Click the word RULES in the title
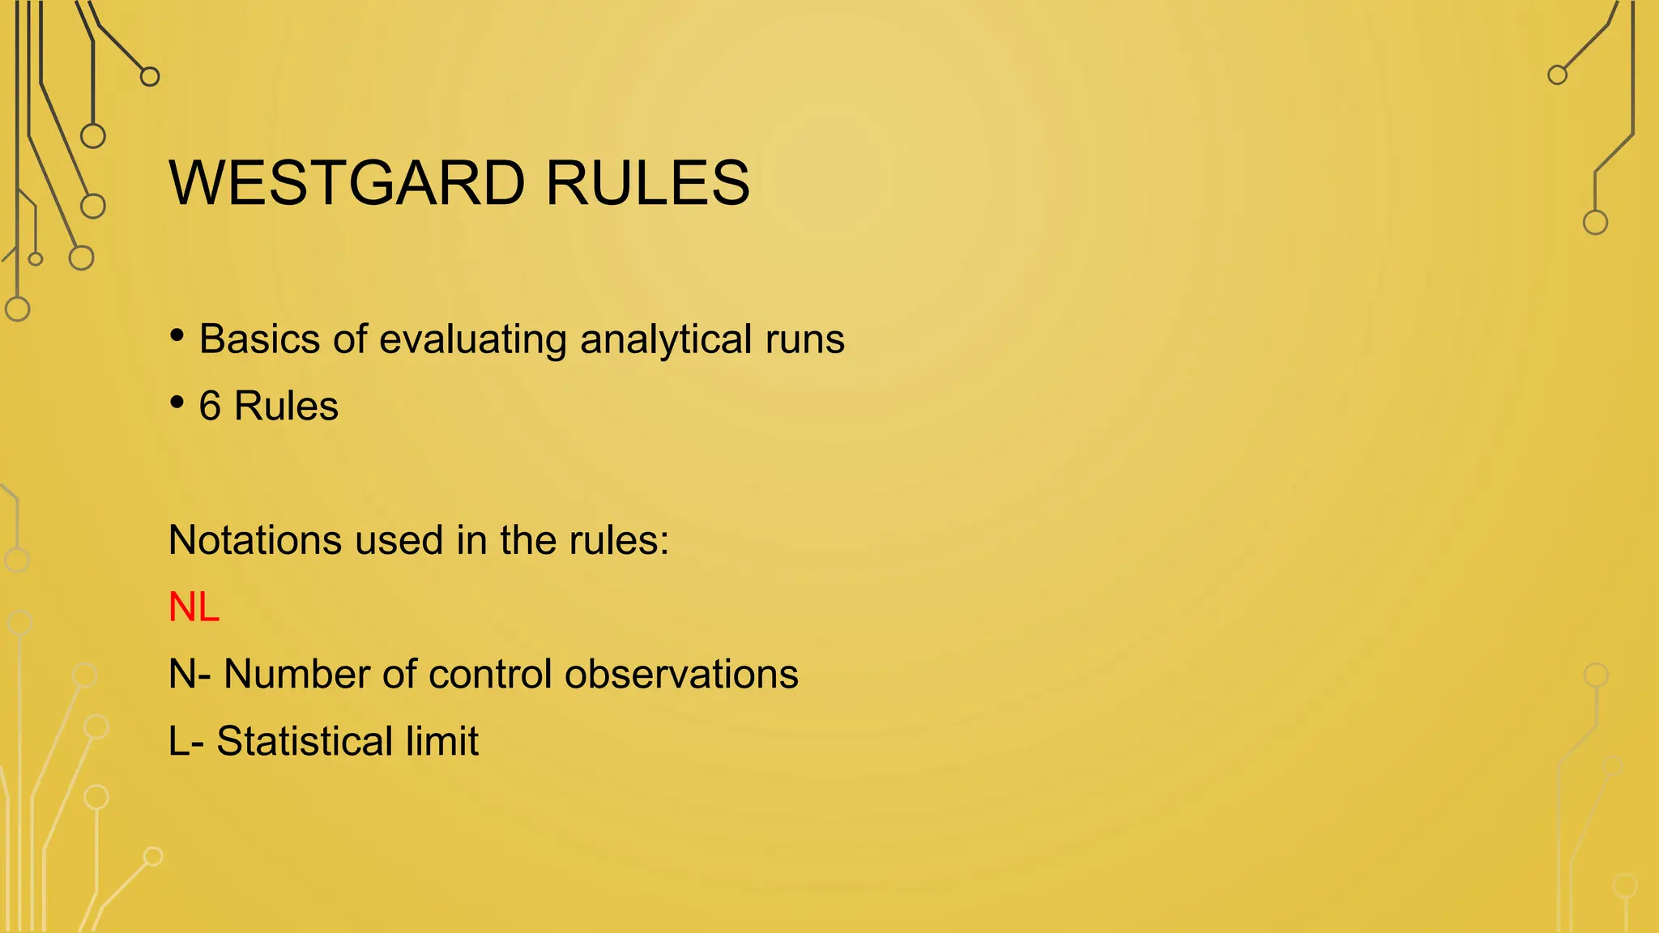pos(647,183)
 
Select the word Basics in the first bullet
pos(259,339)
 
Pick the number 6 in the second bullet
pos(210,407)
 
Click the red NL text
pos(194,607)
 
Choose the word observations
pos(681,674)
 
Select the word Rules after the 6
pos(286,407)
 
